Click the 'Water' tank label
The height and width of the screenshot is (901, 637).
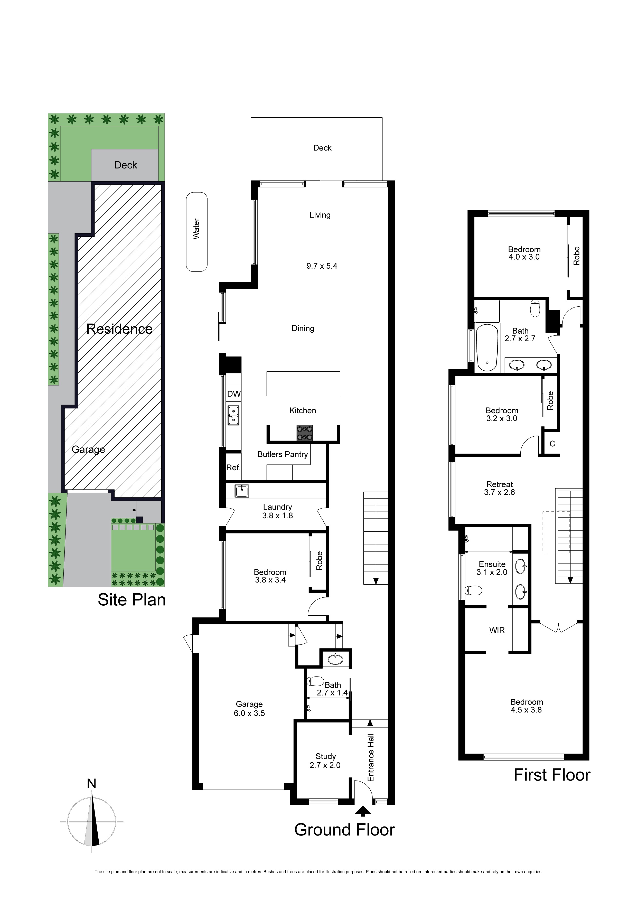pyautogui.click(x=196, y=229)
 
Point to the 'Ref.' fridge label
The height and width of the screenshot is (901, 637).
pyautogui.click(x=233, y=468)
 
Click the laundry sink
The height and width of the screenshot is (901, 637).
pyautogui.click(x=241, y=491)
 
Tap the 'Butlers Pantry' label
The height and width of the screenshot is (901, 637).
pyautogui.click(x=283, y=454)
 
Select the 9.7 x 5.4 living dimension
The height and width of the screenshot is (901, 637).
pyautogui.click(x=322, y=266)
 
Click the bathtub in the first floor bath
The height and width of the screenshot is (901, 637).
pyautogui.click(x=487, y=347)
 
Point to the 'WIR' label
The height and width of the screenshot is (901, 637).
pyautogui.click(x=497, y=631)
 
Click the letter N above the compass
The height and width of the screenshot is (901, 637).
pyautogui.click(x=91, y=784)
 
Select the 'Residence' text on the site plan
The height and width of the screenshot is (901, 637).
pyautogui.click(x=119, y=329)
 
